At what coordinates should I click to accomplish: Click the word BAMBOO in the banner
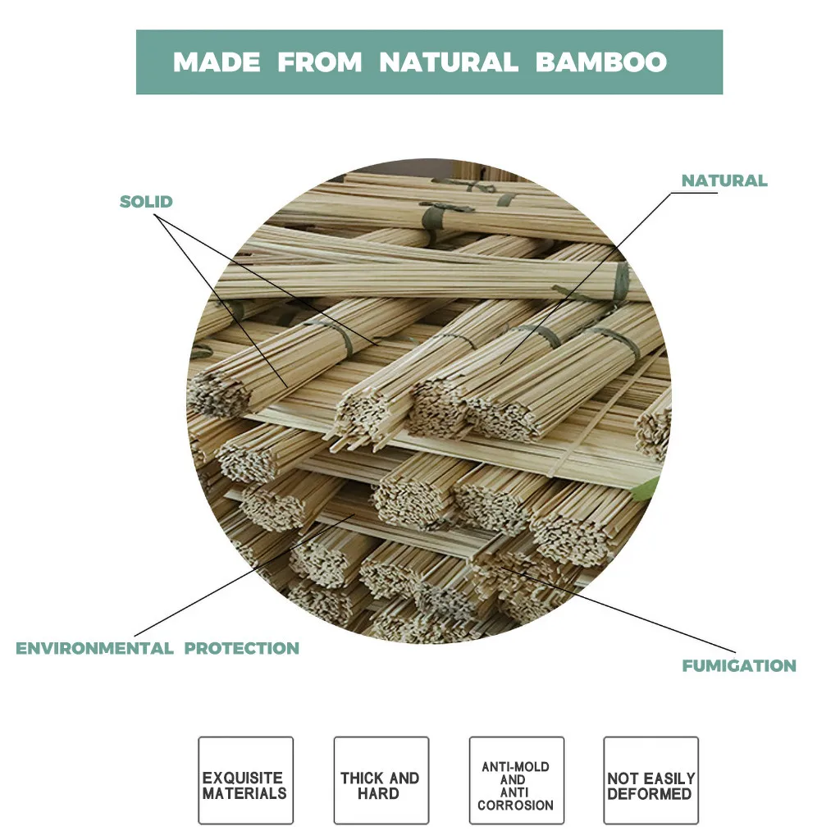[x=601, y=62]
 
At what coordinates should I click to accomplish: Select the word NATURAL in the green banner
[x=449, y=62]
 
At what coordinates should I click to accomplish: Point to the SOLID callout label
[x=146, y=202]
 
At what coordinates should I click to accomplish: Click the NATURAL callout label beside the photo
[x=724, y=180]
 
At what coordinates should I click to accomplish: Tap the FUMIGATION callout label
[x=739, y=665]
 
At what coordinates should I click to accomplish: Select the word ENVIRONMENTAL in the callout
[x=94, y=648]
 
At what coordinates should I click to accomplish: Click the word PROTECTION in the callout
[x=241, y=648]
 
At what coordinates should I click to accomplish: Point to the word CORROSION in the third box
[x=516, y=806]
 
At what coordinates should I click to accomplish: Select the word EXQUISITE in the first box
[x=243, y=778]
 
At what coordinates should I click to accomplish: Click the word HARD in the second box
[x=379, y=793]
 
